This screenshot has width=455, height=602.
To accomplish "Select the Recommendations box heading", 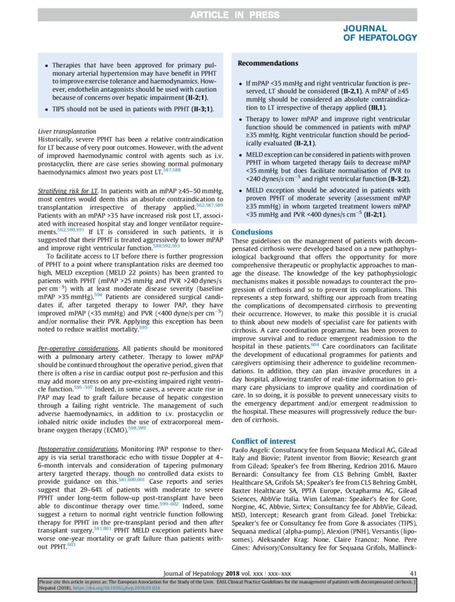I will (x=267, y=63).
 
